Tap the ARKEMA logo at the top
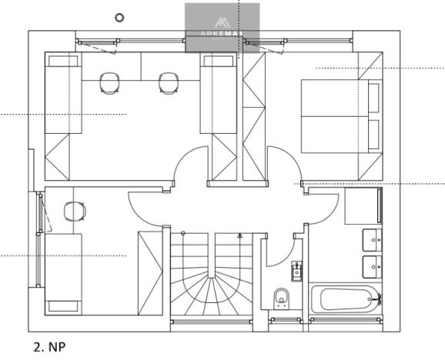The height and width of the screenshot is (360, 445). click(222, 28)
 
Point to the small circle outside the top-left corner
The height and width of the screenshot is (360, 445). click(119, 16)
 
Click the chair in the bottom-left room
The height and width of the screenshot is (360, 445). click(74, 211)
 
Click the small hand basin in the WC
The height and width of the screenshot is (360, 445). click(296, 270)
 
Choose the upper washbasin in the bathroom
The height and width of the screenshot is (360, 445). click(373, 240)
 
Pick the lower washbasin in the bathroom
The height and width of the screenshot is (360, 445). click(373, 267)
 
